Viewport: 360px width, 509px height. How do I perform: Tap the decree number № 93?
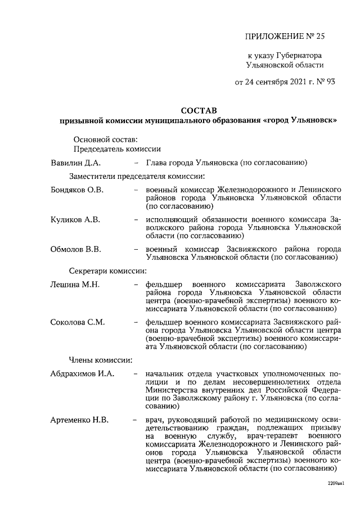pos(324,82)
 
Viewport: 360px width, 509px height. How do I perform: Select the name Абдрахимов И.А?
pos(82,373)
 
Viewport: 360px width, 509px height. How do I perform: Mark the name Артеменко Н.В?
pos(79,419)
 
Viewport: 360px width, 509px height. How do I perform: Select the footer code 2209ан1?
pos(335,483)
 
